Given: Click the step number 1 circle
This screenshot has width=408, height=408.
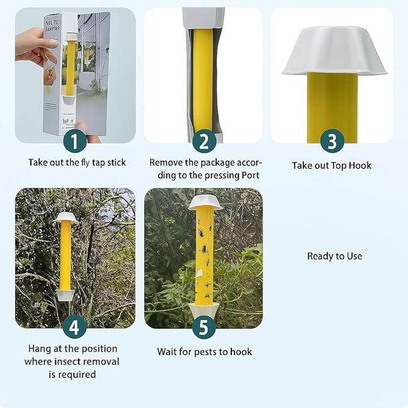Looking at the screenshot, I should tap(75, 142).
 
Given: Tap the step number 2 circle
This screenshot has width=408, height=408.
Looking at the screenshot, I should tap(204, 142).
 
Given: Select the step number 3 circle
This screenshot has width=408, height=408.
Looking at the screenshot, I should tap(332, 142).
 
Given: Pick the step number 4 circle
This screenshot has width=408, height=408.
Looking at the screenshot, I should tap(75, 327).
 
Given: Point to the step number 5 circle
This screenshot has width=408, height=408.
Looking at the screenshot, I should tap(204, 327).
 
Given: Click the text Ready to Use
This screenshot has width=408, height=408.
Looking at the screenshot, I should tap(335, 256).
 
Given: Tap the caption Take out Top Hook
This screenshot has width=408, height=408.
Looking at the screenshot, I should tap(332, 165).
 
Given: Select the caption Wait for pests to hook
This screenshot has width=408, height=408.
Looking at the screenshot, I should tap(204, 352).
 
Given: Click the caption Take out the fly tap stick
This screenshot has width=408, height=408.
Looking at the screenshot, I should tap(77, 162).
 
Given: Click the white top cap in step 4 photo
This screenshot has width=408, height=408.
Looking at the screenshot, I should tap(66, 217).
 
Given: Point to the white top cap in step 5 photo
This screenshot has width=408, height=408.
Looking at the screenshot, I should tap(205, 201).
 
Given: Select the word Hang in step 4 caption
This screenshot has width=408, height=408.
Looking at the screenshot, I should tap(40, 349).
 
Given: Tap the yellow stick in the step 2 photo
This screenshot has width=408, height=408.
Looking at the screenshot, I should tap(202, 78).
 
